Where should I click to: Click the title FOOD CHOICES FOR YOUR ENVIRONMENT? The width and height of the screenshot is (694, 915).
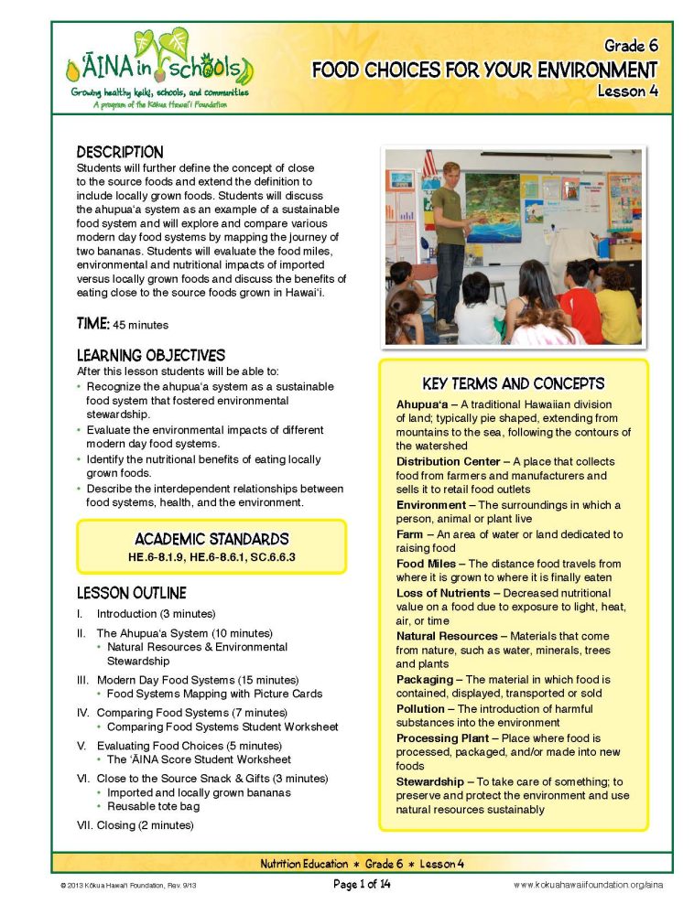pyautogui.click(x=483, y=70)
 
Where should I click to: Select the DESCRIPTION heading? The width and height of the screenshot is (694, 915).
pyautogui.click(x=120, y=152)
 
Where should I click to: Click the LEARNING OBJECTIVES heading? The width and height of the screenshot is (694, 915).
pyautogui.click(x=150, y=355)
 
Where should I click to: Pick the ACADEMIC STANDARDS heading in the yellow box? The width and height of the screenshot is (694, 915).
pyautogui.click(x=211, y=539)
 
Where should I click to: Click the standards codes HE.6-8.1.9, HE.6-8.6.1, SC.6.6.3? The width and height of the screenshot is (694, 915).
pyautogui.click(x=211, y=556)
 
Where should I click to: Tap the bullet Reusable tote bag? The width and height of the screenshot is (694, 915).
pyautogui.click(x=153, y=806)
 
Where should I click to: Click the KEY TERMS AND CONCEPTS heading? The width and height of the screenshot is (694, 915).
pyautogui.click(x=513, y=383)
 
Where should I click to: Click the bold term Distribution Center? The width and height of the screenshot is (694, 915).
pyautogui.click(x=448, y=462)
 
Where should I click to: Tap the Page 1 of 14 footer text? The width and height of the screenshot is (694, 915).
pyautogui.click(x=362, y=885)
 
